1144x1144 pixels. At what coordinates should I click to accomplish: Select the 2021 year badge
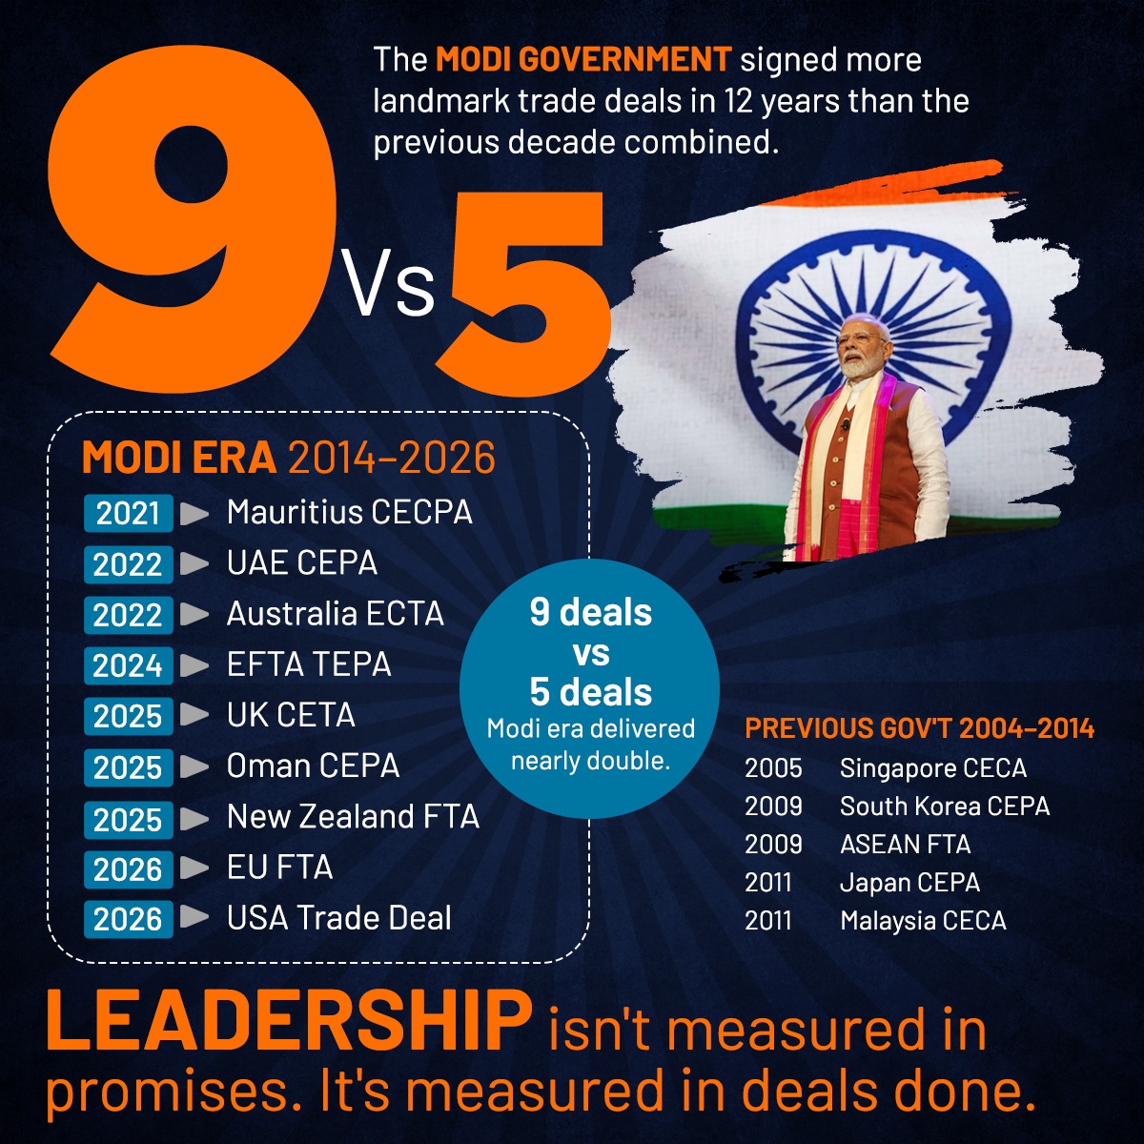pos(128,514)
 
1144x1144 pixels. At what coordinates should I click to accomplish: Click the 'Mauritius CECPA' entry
pos(349,512)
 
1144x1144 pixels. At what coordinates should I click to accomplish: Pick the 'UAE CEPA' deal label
pos(301,562)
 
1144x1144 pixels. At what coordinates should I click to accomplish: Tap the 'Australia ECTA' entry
pos(335,613)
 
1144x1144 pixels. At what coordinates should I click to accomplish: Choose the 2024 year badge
pos(128,665)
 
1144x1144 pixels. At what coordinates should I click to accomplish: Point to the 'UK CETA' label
pos(290,715)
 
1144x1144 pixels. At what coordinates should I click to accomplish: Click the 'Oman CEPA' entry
pos(313,766)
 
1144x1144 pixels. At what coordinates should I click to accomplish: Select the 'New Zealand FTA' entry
pos(353,817)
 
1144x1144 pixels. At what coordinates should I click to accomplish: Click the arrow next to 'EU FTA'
pos(194,868)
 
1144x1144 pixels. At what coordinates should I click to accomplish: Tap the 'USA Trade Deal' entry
pos(338,918)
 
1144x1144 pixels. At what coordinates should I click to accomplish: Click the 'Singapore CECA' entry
pos(932,768)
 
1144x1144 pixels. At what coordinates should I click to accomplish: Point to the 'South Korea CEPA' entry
pos(944,807)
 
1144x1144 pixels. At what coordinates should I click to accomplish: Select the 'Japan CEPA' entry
pos(909,883)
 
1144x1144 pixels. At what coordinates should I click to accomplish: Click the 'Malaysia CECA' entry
pos(922,921)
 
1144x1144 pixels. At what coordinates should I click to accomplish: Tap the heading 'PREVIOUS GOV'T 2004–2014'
pos(919,729)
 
